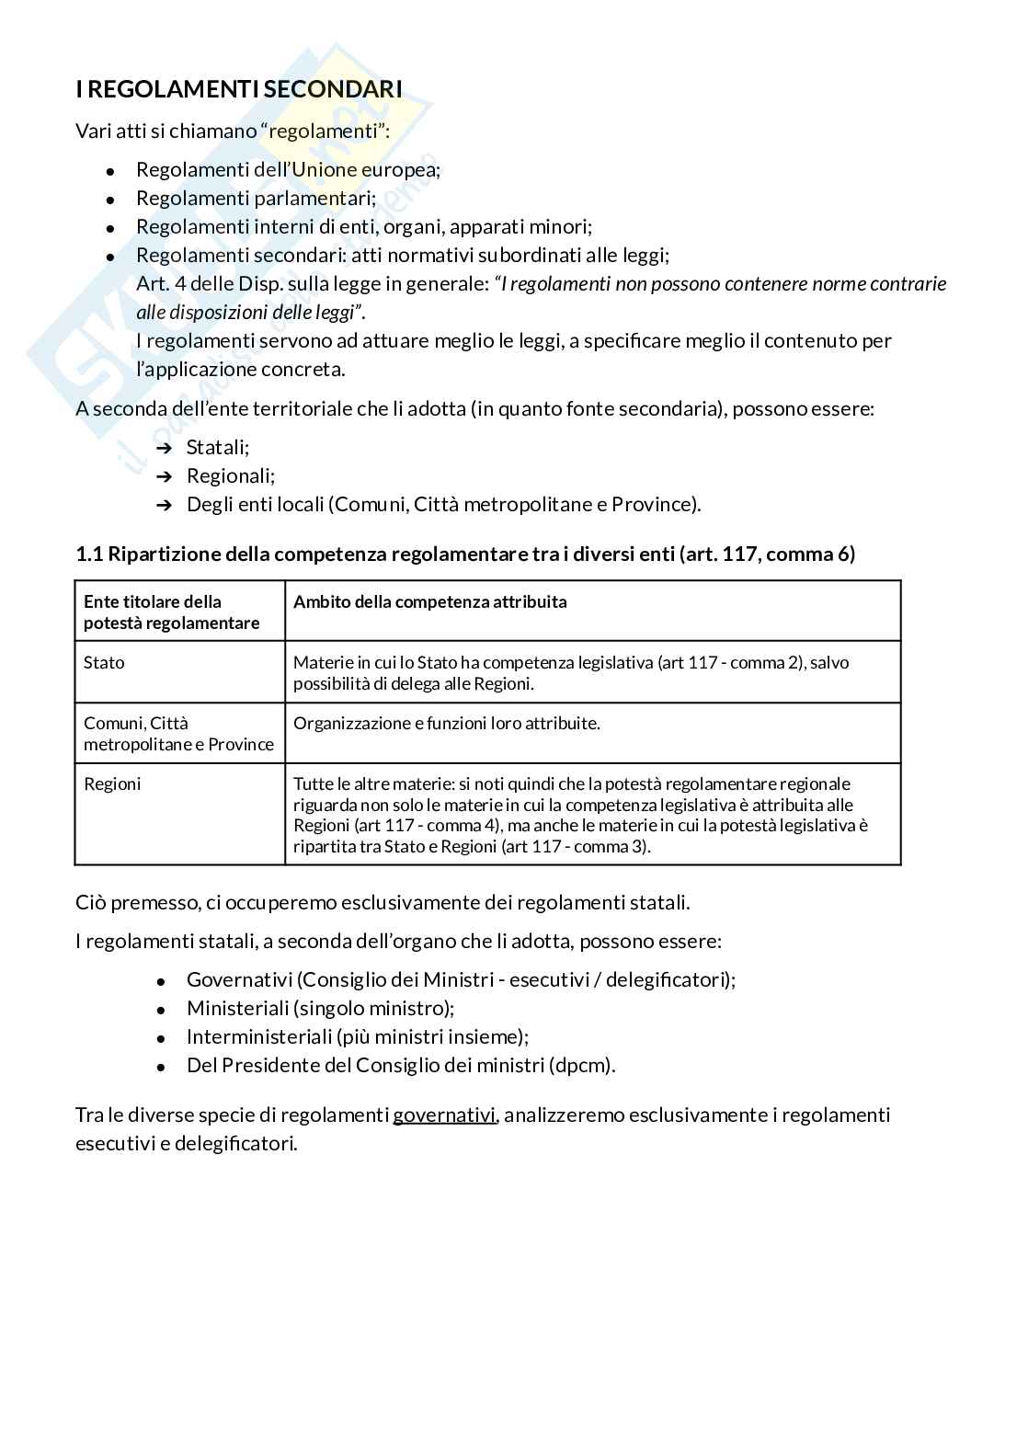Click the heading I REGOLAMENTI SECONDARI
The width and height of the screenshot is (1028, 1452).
coord(238,89)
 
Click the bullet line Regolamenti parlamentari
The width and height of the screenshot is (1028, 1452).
coord(256,199)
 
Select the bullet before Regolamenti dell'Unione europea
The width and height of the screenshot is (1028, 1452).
coord(109,171)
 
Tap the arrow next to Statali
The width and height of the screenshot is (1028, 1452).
coord(165,448)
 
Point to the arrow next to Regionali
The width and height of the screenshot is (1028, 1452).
coord(165,476)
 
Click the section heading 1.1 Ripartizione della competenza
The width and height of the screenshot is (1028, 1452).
coord(464,554)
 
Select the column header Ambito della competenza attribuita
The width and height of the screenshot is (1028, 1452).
coord(429,602)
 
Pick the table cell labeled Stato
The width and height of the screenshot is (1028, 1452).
coord(104,663)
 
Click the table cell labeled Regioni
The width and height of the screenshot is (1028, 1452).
coord(112,784)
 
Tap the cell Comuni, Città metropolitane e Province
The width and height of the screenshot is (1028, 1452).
coord(178,734)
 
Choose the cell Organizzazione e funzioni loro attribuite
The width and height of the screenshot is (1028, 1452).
coord(446,724)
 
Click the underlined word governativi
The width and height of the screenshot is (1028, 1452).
coord(444,1115)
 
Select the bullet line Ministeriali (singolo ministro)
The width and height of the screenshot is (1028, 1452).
coord(320,1009)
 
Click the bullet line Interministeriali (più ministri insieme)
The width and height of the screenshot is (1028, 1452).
coord(357,1037)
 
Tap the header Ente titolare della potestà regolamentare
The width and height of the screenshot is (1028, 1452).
coord(171,612)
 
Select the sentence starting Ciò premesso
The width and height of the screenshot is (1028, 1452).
coord(382,902)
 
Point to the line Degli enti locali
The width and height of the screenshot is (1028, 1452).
coord(443,505)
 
